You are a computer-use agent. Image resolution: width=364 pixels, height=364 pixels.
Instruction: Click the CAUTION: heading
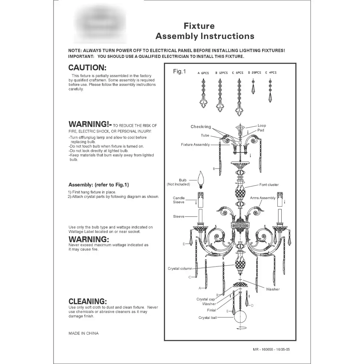[x=87, y=68]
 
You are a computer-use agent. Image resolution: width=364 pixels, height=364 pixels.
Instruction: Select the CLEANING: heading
[x=87, y=301]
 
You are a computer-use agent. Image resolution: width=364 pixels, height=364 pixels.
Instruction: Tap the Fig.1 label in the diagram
[x=179, y=72]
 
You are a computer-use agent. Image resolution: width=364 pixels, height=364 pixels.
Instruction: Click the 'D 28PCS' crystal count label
[x=254, y=73]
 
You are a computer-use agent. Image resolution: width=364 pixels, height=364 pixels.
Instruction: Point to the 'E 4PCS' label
[x=271, y=73]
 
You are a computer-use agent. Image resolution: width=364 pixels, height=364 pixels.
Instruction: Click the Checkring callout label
[x=201, y=127]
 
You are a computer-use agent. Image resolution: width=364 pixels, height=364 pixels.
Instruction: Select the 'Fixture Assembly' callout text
[x=195, y=145]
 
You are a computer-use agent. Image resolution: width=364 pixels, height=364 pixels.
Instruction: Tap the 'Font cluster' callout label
[x=269, y=185]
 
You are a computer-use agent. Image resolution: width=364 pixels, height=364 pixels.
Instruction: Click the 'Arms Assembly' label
[x=263, y=198]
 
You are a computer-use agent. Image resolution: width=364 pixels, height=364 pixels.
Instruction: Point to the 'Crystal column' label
[x=180, y=269]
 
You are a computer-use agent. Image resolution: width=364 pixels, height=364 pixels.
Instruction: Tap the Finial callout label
[x=211, y=310]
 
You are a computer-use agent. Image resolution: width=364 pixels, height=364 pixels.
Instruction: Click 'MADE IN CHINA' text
[x=83, y=333]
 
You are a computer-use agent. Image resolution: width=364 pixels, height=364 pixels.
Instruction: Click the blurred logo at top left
[x=100, y=24]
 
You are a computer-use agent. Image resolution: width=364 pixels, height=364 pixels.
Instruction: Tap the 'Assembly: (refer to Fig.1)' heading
[x=99, y=185]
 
